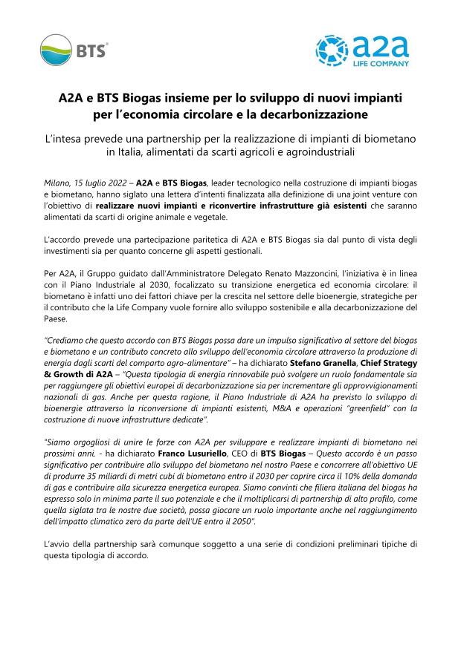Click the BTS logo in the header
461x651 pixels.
[x=74, y=50]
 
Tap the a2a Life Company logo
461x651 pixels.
[x=362, y=50]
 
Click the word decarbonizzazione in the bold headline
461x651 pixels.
[x=313, y=115]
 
